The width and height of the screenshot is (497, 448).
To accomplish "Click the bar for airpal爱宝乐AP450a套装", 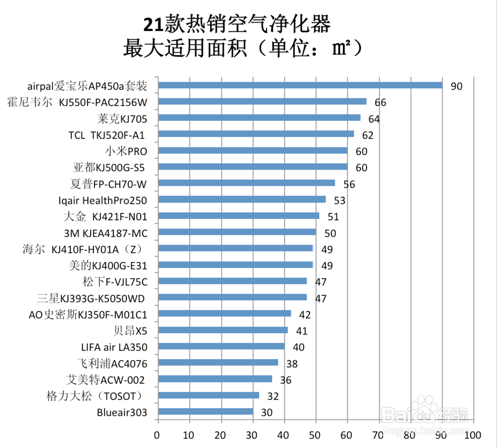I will [x=300, y=86].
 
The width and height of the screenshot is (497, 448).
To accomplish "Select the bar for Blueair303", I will [x=205, y=412].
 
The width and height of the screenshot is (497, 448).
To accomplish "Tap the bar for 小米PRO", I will [x=252, y=151].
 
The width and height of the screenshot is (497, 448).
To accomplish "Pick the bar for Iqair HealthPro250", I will [x=242, y=199].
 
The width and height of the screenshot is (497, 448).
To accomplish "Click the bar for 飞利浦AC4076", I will [x=218, y=363].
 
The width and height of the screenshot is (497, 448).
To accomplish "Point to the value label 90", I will [x=456, y=87].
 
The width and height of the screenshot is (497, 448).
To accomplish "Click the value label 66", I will [x=380, y=103].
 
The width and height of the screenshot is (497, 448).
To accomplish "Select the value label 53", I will [x=339, y=201].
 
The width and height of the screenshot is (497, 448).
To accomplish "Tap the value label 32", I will [x=273, y=396].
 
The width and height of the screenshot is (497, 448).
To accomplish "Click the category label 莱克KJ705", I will [x=122, y=119].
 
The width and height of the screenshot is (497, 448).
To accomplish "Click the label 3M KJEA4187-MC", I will [x=105, y=233].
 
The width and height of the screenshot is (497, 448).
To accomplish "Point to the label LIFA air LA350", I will [x=114, y=347].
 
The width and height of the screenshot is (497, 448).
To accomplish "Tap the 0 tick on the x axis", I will [x=157, y=435].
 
